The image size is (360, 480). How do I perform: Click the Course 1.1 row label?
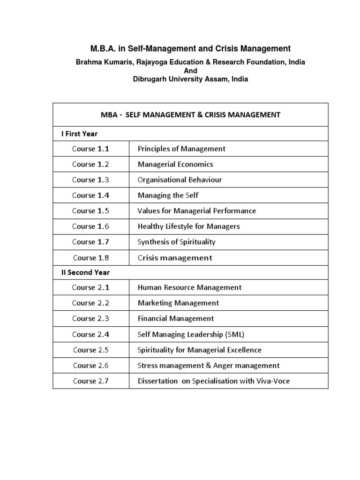pos(90,149)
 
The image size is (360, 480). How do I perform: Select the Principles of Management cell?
pos(181,149)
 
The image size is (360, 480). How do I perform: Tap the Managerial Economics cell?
pos(175,165)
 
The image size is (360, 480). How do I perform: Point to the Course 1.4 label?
pos(90,195)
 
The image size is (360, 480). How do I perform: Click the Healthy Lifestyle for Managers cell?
pos(188,226)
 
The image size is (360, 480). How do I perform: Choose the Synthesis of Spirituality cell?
pos(177,242)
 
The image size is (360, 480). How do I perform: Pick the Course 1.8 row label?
pos(91,257)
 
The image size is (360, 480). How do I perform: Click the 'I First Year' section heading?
pos(79,134)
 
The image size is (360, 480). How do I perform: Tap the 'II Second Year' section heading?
pos(85,272)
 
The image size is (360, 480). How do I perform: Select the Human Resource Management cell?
pos(189,288)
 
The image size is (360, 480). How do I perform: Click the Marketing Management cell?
pos(178,303)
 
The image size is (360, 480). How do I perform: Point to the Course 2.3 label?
pos(90,319)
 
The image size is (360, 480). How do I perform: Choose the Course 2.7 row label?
pos(91,381)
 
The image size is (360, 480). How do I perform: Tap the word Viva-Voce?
pos(272,381)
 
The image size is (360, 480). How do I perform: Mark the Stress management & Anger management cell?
pos(209,365)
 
